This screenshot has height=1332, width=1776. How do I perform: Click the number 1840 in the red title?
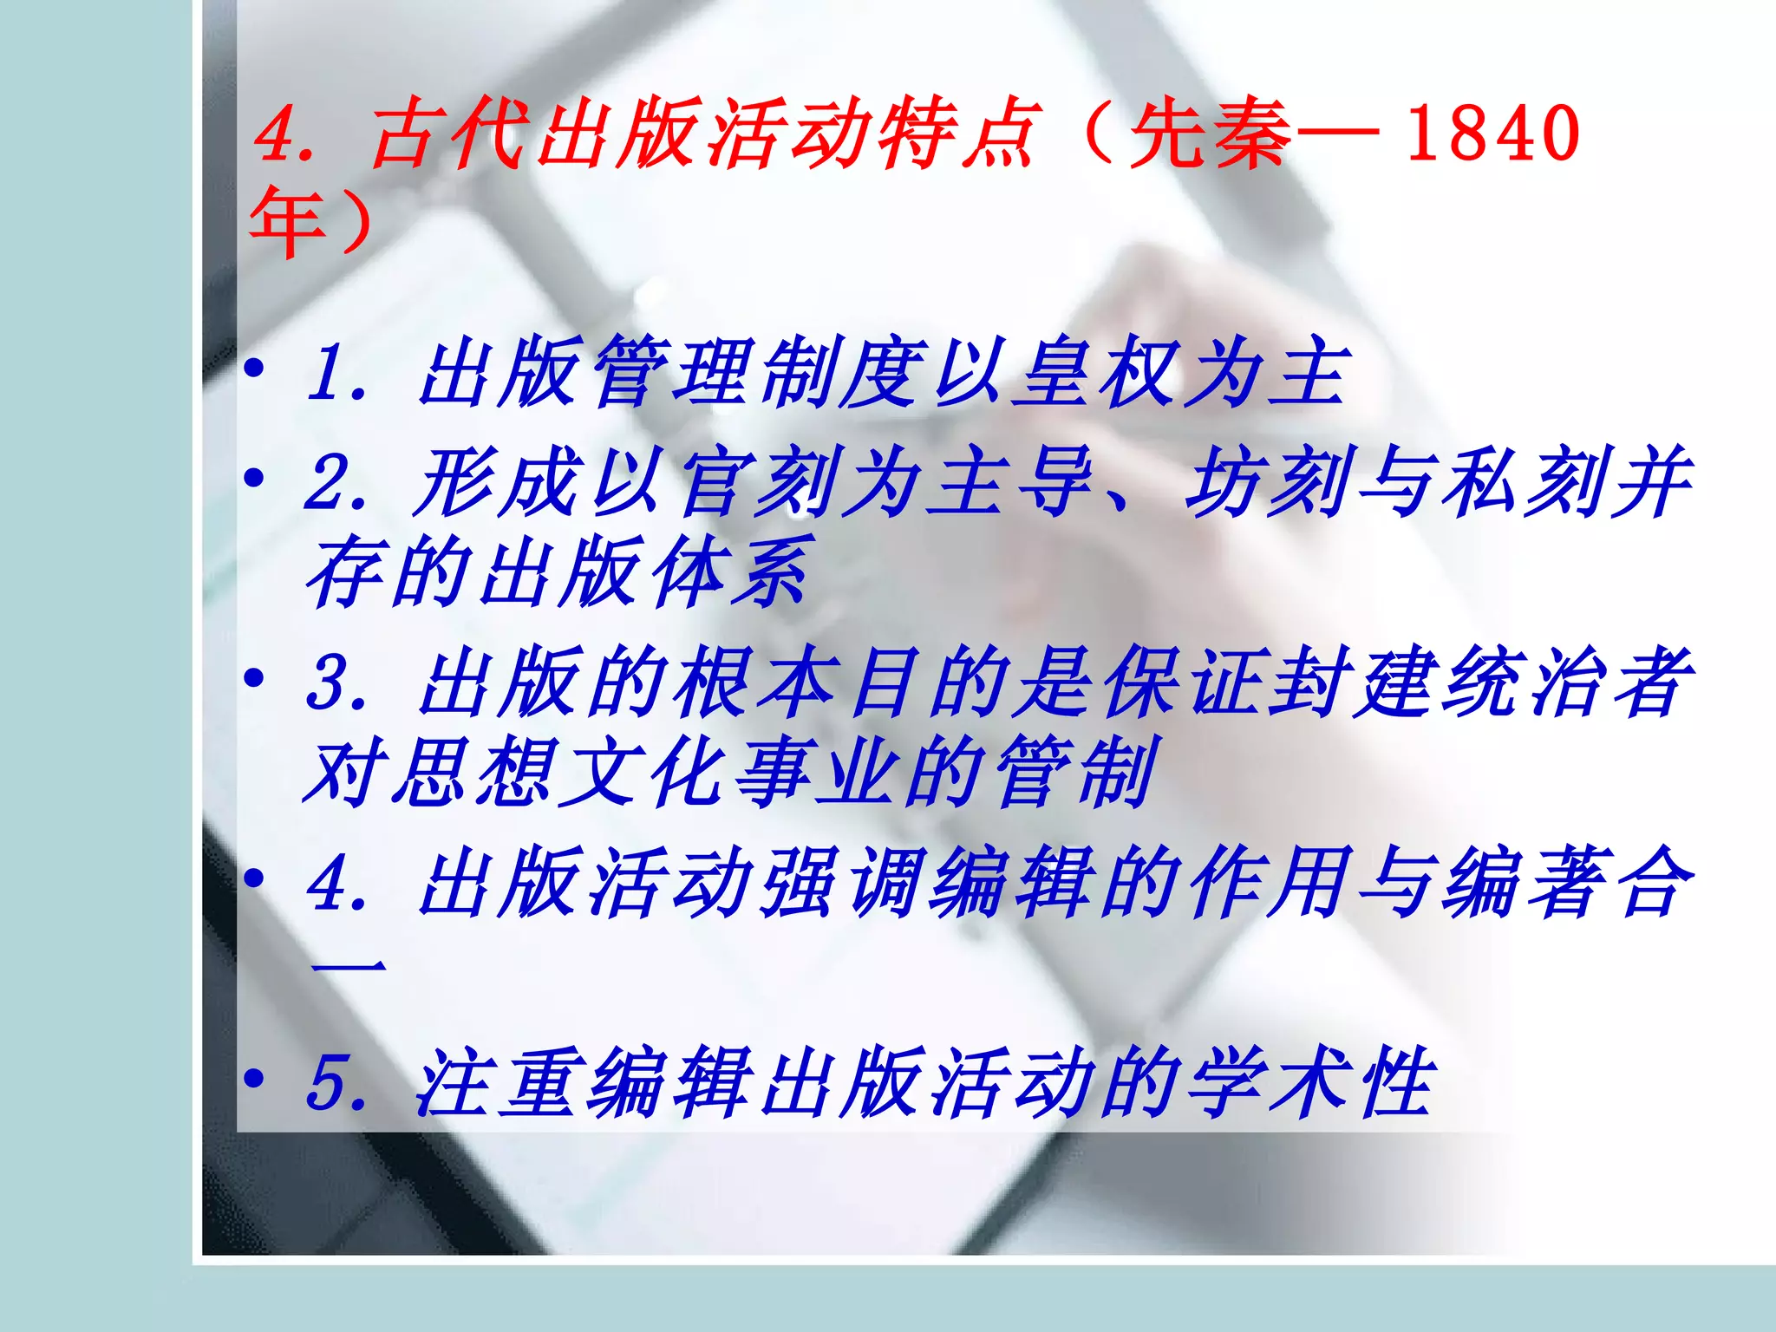point(1492,134)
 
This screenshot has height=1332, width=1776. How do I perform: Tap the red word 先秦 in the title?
point(1211,134)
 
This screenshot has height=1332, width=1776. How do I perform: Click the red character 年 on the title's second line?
point(286,222)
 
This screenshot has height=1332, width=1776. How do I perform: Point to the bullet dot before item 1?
point(253,369)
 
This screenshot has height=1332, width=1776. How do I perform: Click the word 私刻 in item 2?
point(1522,481)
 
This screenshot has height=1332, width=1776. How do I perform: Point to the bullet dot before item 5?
point(253,1080)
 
